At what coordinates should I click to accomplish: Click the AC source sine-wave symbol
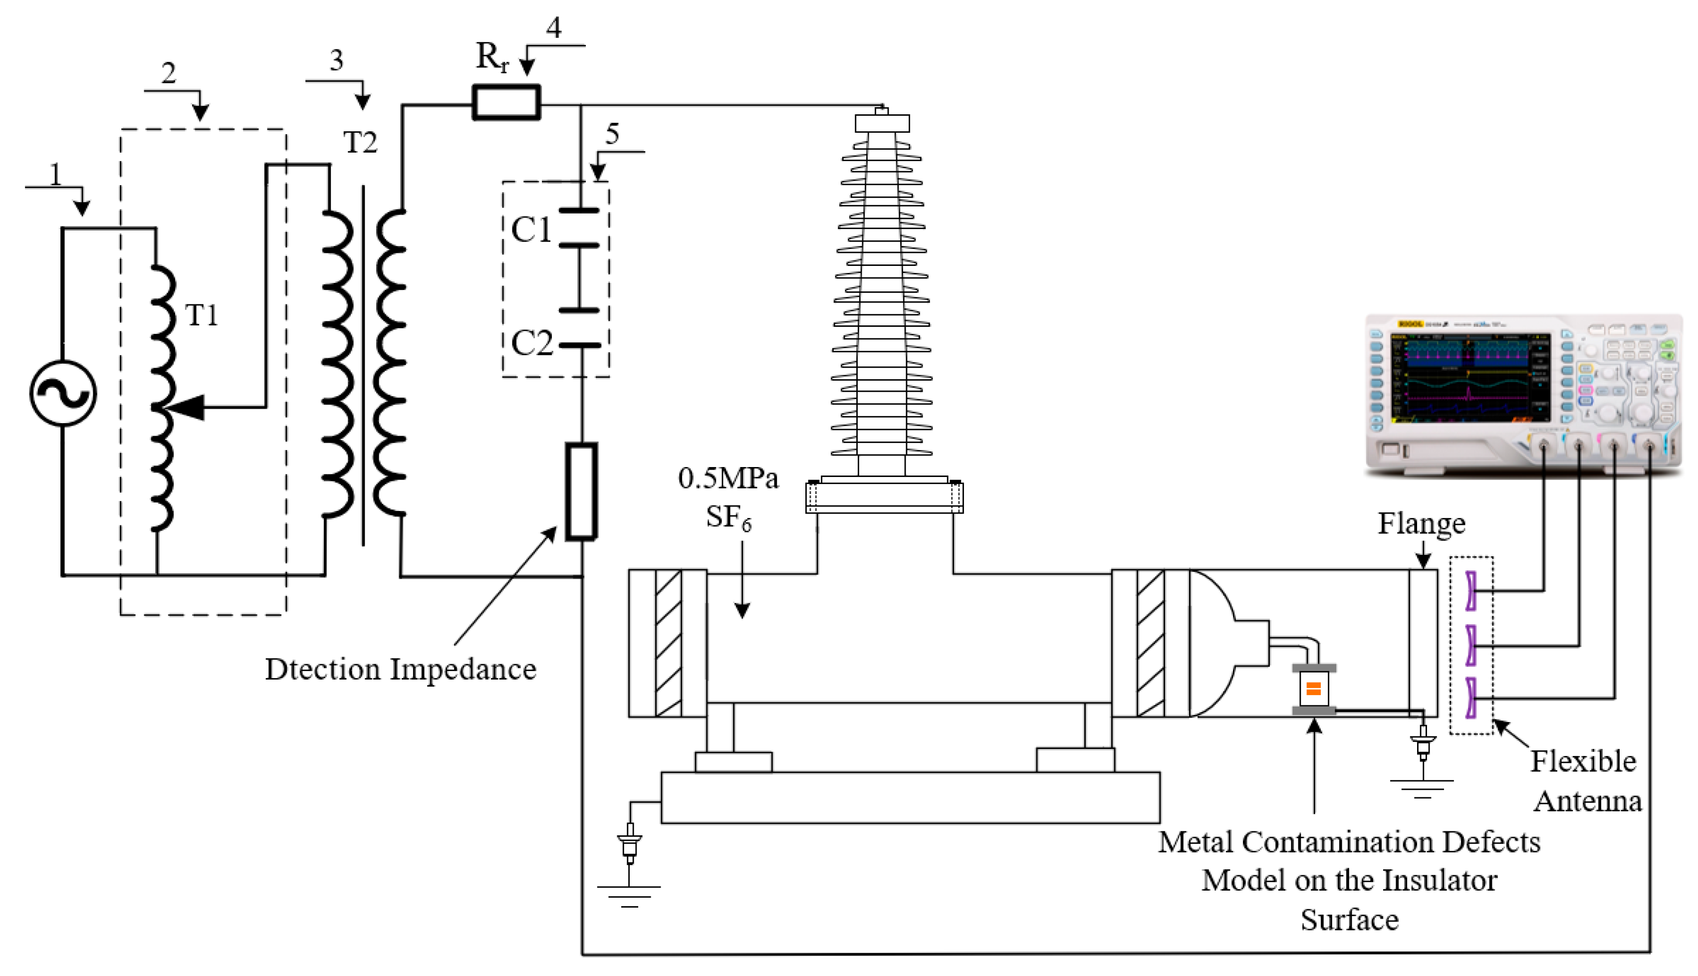(x=63, y=394)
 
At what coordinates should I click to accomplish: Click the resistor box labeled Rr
(x=506, y=103)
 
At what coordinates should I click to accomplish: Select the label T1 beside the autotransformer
(x=201, y=315)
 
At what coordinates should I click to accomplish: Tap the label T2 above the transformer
(x=360, y=142)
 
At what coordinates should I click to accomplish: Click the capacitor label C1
(x=531, y=230)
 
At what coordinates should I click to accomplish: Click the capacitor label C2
(x=531, y=343)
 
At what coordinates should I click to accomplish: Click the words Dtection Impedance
(x=400, y=670)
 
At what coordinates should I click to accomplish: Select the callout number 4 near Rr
(x=554, y=27)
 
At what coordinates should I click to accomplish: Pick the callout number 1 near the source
(x=56, y=175)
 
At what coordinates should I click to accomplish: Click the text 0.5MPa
(x=728, y=479)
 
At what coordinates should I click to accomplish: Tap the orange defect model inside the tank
(x=1313, y=689)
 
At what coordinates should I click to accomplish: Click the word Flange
(x=1421, y=523)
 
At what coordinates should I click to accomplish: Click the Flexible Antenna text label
(x=1585, y=781)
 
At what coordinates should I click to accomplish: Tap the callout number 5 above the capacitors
(x=611, y=134)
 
